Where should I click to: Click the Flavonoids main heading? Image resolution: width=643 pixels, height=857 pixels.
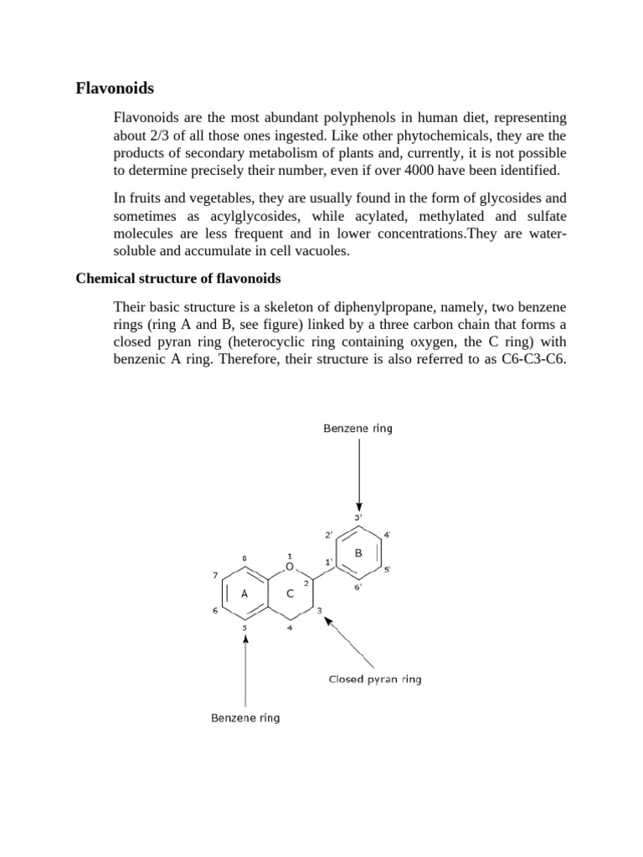coord(115,87)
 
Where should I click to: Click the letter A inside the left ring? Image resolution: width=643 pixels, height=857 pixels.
coord(244,593)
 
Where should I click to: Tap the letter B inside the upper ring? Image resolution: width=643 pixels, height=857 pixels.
coord(358,553)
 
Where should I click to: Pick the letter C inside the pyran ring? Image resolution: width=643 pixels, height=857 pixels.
coord(290,593)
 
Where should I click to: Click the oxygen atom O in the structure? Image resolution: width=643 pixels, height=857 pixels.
coord(290,567)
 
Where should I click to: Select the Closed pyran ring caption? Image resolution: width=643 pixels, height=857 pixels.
coord(374,679)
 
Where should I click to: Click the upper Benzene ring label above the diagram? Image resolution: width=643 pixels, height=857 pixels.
coord(358,428)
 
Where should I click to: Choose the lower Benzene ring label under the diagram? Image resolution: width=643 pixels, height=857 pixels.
coord(245,718)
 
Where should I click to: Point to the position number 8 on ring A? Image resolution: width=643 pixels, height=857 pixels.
coord(244,557)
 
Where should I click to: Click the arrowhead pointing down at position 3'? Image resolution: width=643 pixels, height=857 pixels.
coord(358,505)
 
